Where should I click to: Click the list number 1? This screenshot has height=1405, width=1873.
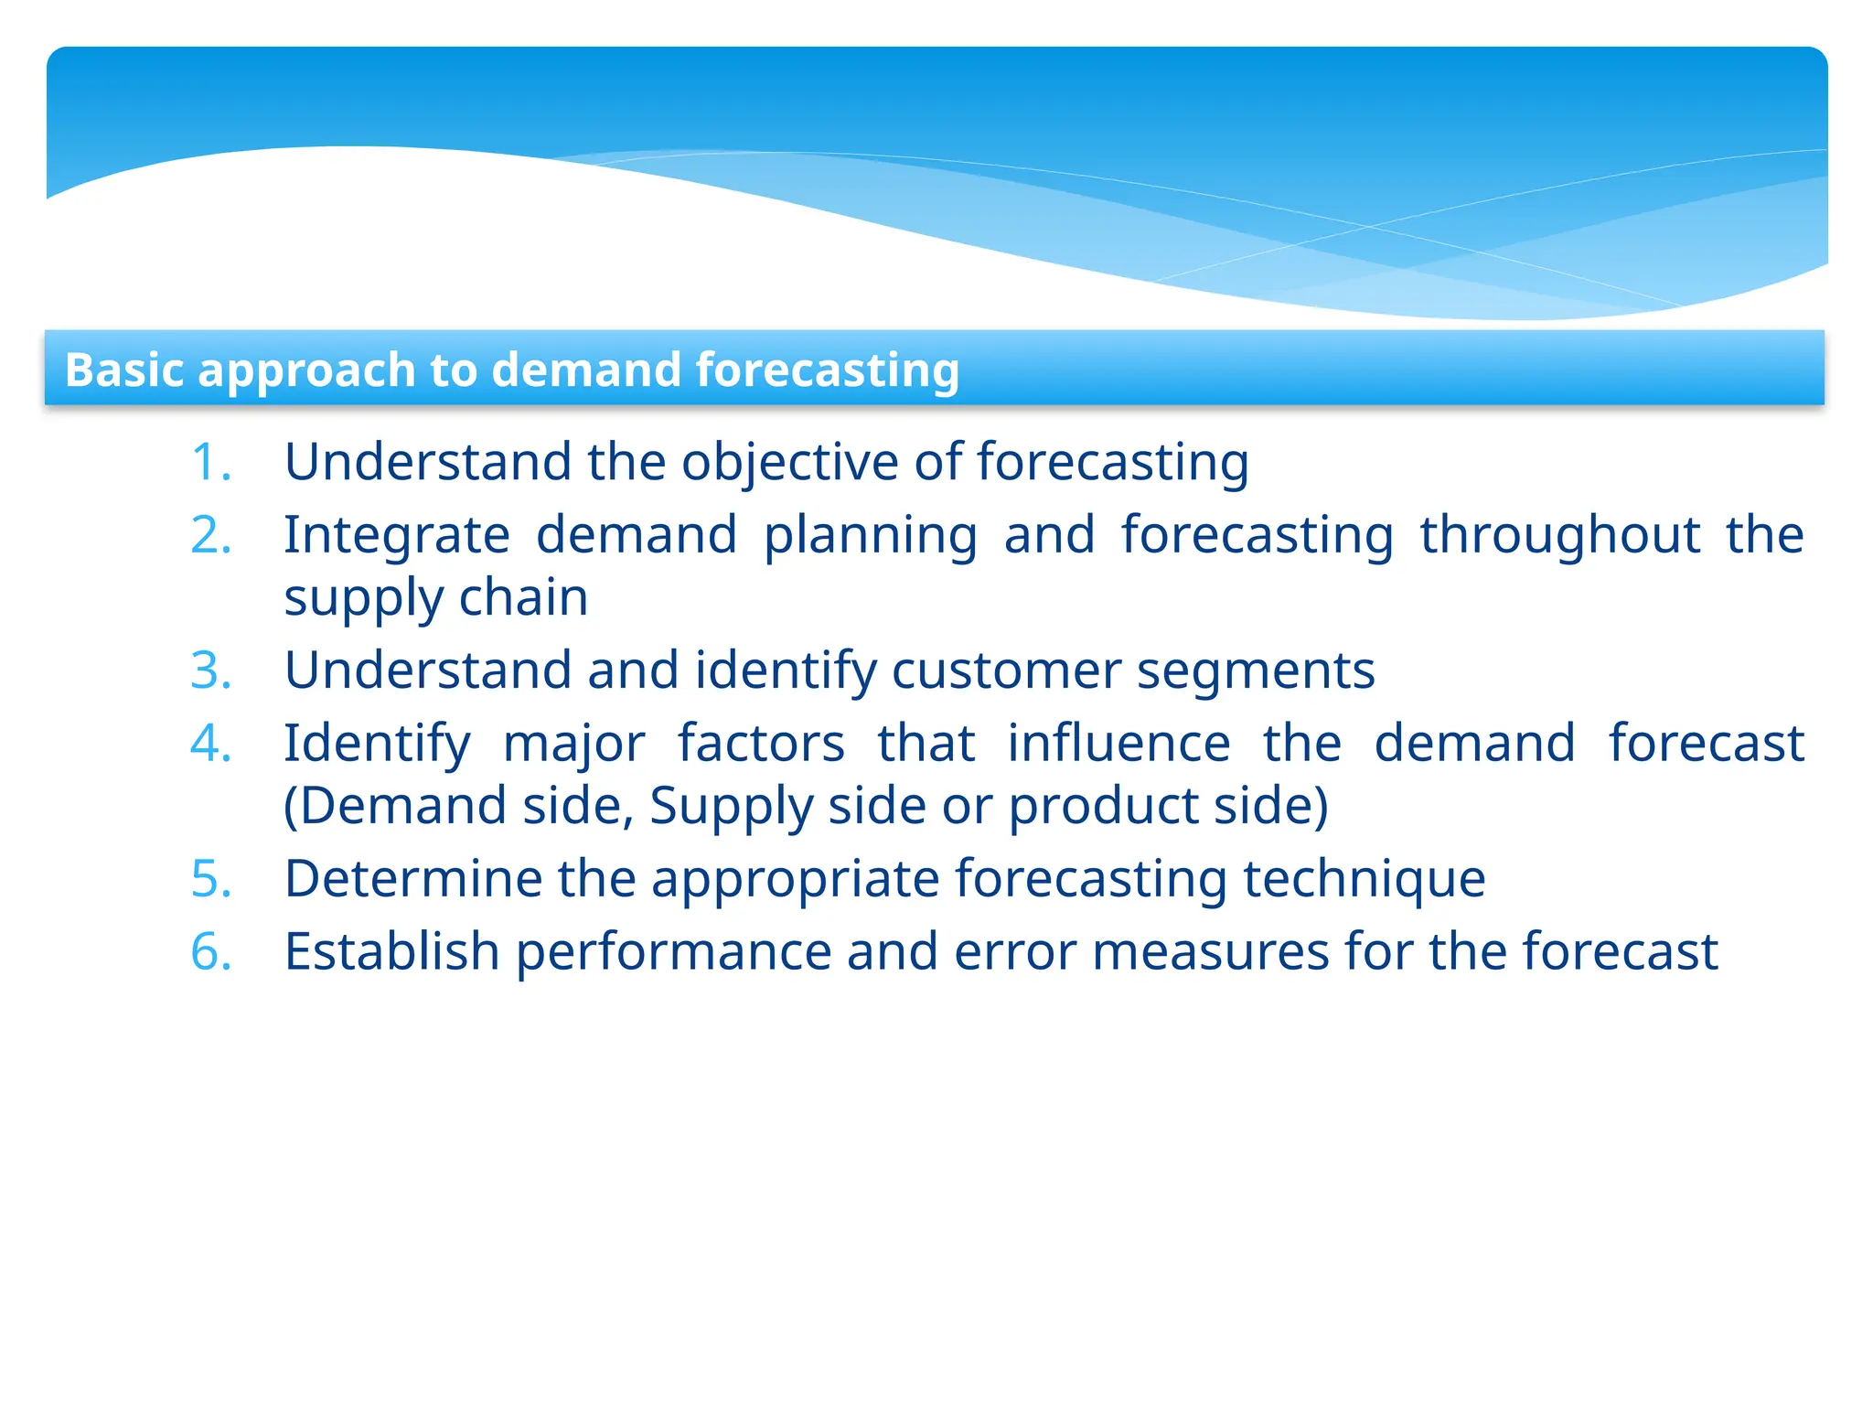(x=210, y=462)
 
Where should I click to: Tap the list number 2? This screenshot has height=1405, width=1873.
(x=210, y=535)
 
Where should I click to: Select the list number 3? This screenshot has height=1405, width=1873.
(x=210, y=670)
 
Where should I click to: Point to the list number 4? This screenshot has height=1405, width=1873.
(x=210, y=743)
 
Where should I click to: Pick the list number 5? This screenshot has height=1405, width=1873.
(x=210, y=879)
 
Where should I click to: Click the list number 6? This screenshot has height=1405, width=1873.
(x=210, y=951)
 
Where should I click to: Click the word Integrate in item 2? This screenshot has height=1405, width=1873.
(x=396, y=535)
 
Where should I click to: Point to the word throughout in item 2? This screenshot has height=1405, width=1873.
(x=1559, y=535)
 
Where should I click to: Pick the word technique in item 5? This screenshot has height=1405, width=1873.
(x=1364, y=879)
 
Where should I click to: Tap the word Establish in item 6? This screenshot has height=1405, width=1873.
(x=391, y=951)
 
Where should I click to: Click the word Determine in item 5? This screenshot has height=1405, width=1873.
(x=413, y=879)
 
